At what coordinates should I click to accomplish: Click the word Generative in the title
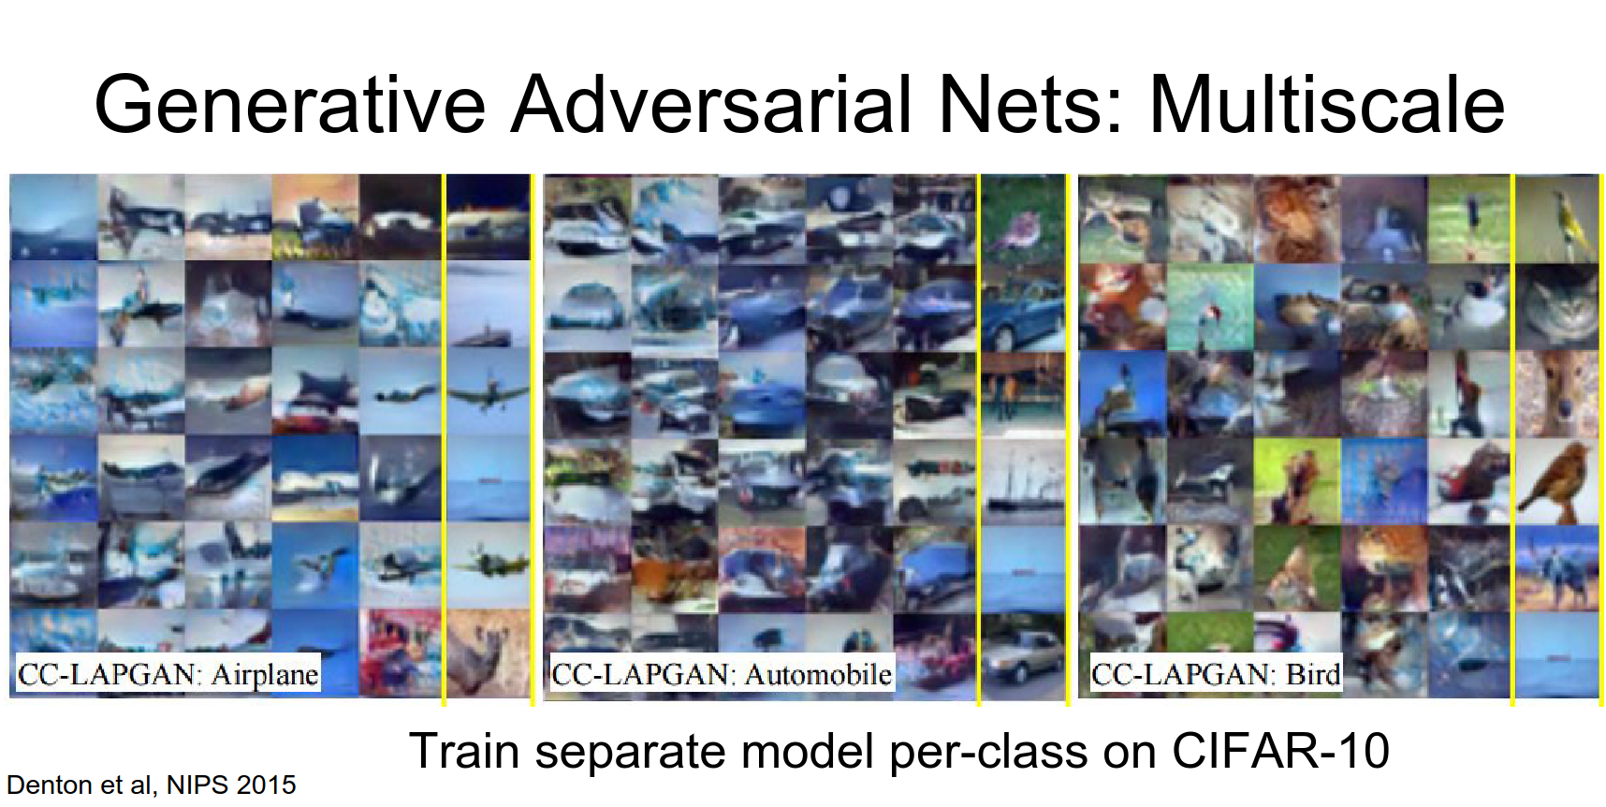[x=290, y=104]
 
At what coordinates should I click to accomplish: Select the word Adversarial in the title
[x=712, y=104]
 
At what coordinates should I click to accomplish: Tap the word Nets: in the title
[x=1030, y=104]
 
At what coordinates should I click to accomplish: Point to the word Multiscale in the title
[x=1327, y=104]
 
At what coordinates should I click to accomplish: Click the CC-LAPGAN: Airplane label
[x=168, y=674]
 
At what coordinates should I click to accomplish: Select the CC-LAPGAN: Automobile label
[x=722, y=674]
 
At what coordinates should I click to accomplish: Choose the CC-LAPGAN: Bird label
[x=1216, y=674]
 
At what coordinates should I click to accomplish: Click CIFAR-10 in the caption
[x=1279, y=751]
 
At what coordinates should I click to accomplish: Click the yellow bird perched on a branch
[x=1556, y=218]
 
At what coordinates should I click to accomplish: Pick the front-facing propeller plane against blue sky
[x=489, y=392]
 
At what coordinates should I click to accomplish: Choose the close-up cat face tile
[x=1556, y=306]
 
